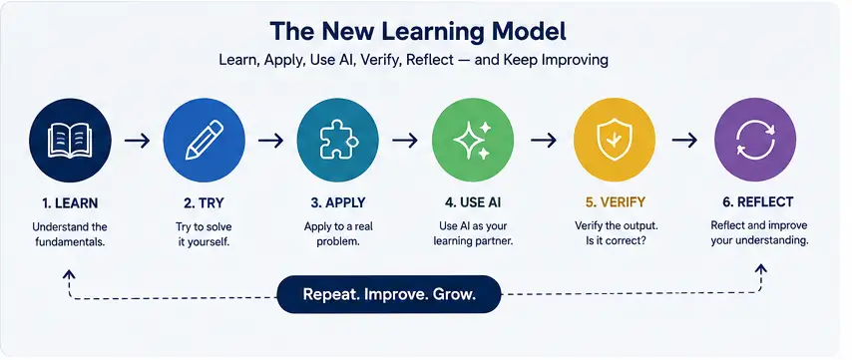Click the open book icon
click(70, 140)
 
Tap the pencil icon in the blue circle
click(205, 140)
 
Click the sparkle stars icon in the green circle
click(472, 140)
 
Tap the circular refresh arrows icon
click(755, 140)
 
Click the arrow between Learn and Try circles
click(137, 141)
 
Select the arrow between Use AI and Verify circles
click(544, 141)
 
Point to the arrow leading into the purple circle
click(684, 141)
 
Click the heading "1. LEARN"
click(70, 203)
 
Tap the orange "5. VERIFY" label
click(616, 202)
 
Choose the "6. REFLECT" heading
click(758, 202)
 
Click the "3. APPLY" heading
click(338, 203)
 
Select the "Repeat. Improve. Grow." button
click(389, 294)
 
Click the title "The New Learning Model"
click(418, 32)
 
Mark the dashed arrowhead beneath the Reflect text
click(760, 268)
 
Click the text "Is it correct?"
click(616, 239)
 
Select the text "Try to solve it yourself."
click(204, 234)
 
